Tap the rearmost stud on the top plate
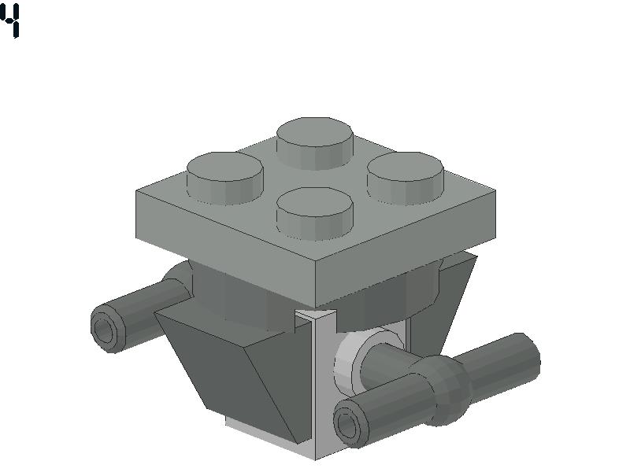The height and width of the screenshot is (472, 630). click(314, 143)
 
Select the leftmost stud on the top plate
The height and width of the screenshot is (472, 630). click(225, 178)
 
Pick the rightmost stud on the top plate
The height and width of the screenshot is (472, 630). click(405, 178)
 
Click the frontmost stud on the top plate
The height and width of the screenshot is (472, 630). click(314, 213)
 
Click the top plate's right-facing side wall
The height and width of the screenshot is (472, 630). click(406, 249)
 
